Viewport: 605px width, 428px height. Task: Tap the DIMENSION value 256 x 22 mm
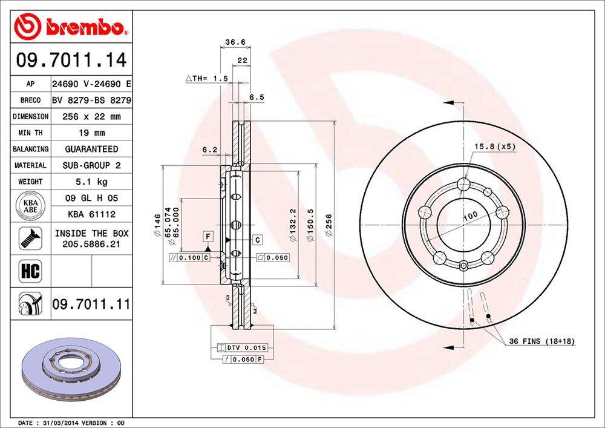pyautogui.click(x=91, y=116)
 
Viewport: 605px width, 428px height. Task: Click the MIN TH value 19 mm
pyautogui.click(x=91, y=133)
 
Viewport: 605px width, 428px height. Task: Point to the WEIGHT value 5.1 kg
pyautogui.click(x=91, y=182)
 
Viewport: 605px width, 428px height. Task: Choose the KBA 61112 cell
pyautogui.click(x=91, y=214)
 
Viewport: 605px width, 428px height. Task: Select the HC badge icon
pyautogui.click(x=30, y=271)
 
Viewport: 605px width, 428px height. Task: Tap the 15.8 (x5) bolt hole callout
pyautogui.click(x=494, y=147)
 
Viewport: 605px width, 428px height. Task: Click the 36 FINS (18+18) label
pyautogui.click(x=541, y=342)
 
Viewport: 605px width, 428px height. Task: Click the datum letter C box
pyautogui.click(x=257, y=240)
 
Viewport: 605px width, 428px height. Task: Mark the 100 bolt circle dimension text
pyautogui.click(x=469, y=216)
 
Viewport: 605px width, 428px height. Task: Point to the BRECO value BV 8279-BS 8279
pyautogui.click(x=91, y=100)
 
